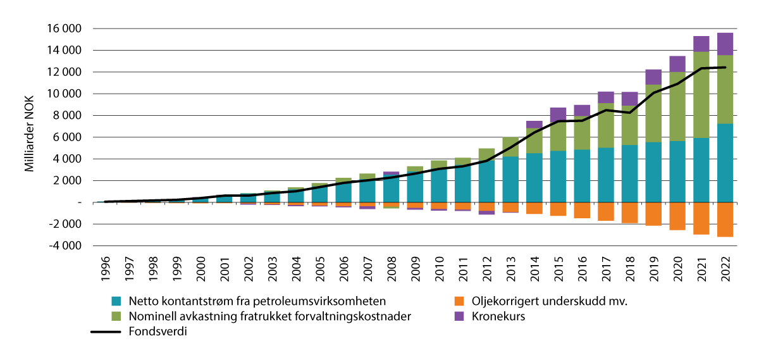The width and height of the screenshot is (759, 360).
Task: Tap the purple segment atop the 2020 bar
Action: tap(677, 64)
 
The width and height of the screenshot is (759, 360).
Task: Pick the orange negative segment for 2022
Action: tap(725, 219)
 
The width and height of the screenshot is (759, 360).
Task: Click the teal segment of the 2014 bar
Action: tap(534, 178)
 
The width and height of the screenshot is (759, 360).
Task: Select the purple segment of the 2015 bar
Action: tap(558, 115)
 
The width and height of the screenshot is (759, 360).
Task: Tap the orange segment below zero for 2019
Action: tap(653, 214)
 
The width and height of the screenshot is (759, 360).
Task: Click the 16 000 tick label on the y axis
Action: tap(65, 28)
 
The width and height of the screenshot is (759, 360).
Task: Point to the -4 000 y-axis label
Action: tap(65, 245)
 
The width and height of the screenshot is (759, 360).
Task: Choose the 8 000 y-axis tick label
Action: tap(68, 115)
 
